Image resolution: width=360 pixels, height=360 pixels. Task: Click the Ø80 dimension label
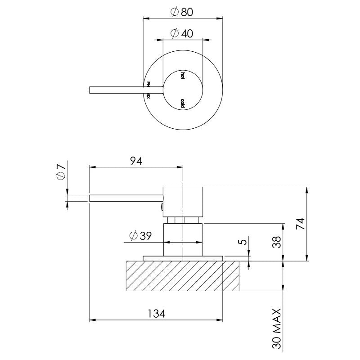pyautogui.click(x=182, y=12)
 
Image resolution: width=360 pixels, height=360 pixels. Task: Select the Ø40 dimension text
pyautogui.click(x=182, y=33)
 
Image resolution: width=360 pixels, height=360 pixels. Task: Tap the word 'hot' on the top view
pyautogui.click(x=182, y=76)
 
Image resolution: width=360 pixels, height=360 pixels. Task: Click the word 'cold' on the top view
pyautogui.click(x=182, y=103)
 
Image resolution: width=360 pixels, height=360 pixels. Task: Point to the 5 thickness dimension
pyautogui.click(x=243, y=242)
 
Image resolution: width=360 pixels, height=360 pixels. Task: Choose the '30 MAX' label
pyautogui.click(x=277, y=328)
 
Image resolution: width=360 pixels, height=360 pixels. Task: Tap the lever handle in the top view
pyautogui.click(x=117, y=90)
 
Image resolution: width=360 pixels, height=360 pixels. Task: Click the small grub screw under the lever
pyautogui.click(x=161, y=207)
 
